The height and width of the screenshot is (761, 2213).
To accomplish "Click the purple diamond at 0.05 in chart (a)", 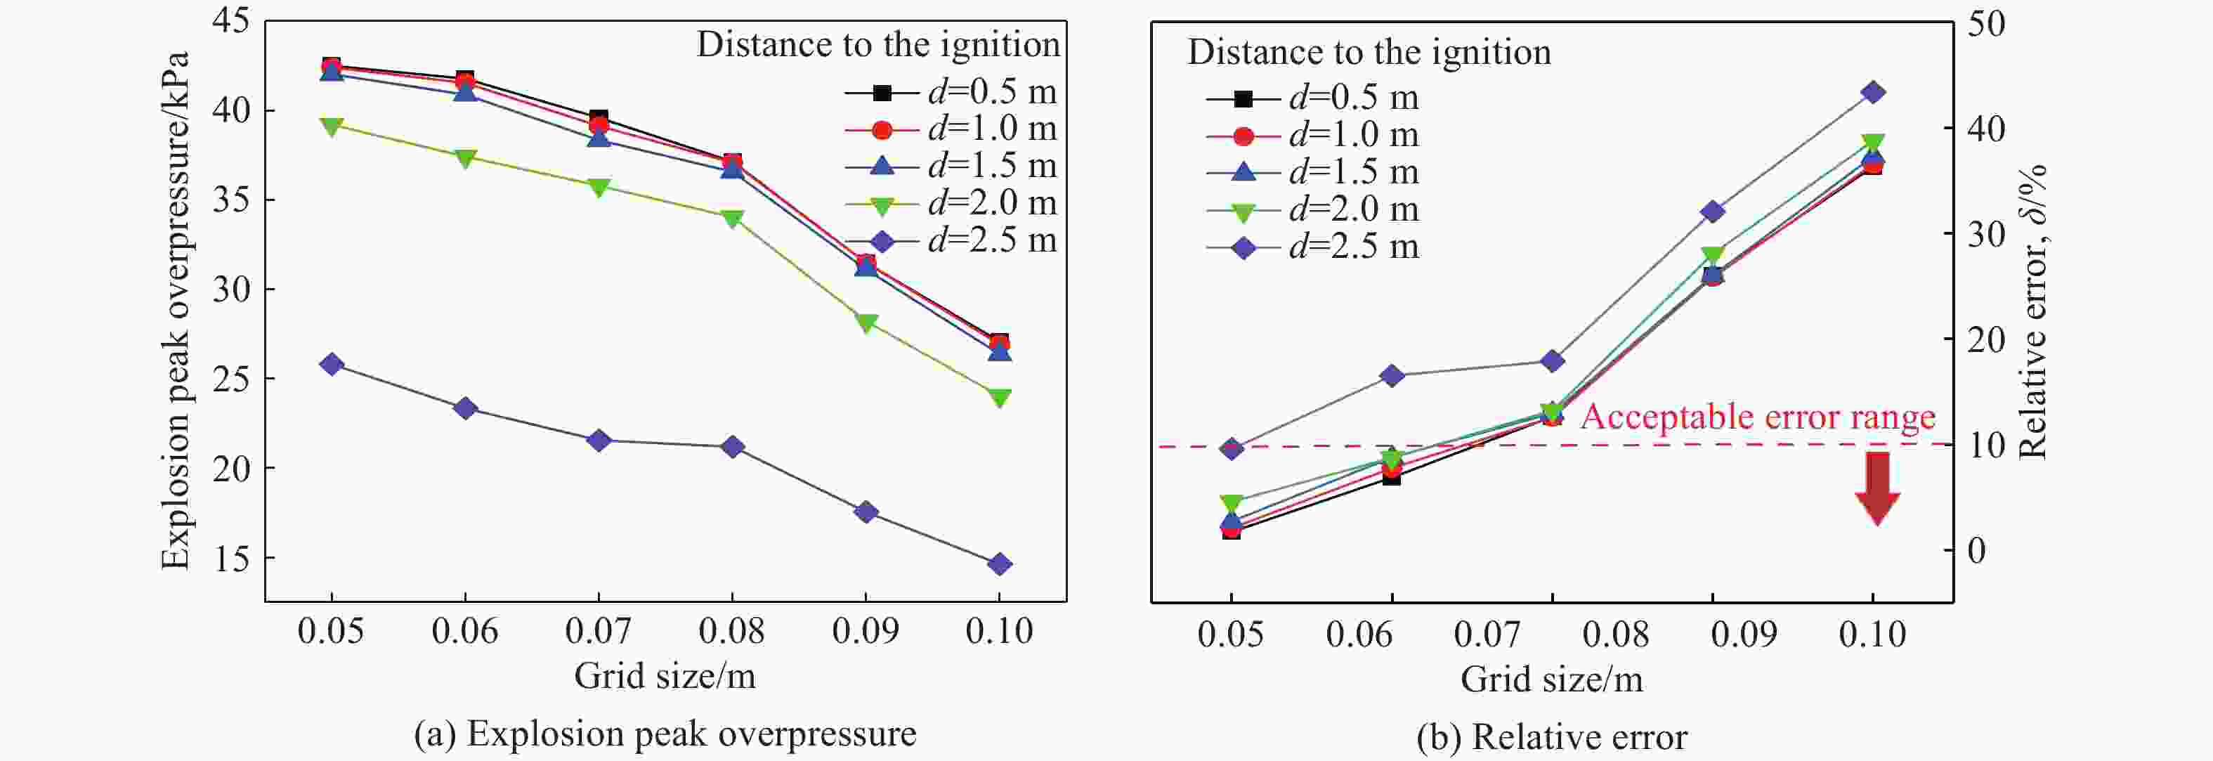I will pyautogui.click(x=332, y=364).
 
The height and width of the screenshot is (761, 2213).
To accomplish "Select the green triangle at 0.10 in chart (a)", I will pyautogui.click(x=999, y=397).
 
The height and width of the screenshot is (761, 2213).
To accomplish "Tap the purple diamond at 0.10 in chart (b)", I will pyautogui.click(x=1873, y=93).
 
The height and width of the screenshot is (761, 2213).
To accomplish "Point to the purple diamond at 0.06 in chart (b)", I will pyautogui.click(x=1392, y=375).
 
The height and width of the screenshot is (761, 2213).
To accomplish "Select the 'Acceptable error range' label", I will pyautogui.click(x=1758, y=417).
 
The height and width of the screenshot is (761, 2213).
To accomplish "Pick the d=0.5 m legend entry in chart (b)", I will pyautogui.click(x=1312, y=98).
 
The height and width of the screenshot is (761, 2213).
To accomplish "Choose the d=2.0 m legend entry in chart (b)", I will pyautogui.click(x=1312, y=209).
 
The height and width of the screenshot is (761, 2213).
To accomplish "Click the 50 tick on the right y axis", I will pyautogui.click(x=1986, y=23).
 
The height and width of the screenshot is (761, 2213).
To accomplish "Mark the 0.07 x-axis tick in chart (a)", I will pyautogui.click(x=598, y=631).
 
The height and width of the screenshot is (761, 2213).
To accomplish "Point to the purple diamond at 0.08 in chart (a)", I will pyautogui.click(x=733, y=447).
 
